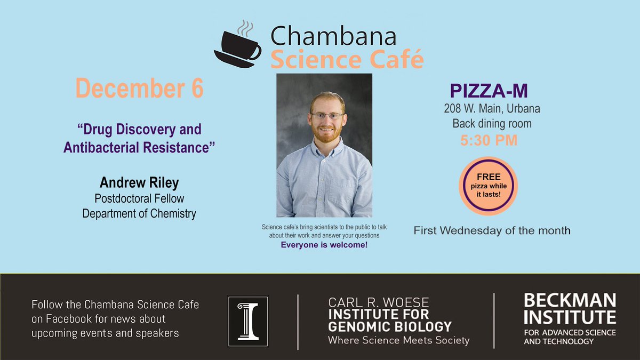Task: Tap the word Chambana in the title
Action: coord(333,37)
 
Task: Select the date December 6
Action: coord(139,89)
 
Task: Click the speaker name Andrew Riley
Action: coord(139,183)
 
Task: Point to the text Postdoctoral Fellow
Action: coord(139,198)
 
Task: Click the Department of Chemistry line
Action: coord(139,214)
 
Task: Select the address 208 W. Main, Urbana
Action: coord(492,109)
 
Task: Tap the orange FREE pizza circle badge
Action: coord(488,186)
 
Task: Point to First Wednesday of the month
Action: coord(492,231)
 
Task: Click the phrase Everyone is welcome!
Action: coord(324,245)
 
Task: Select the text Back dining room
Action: coord(492,124)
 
